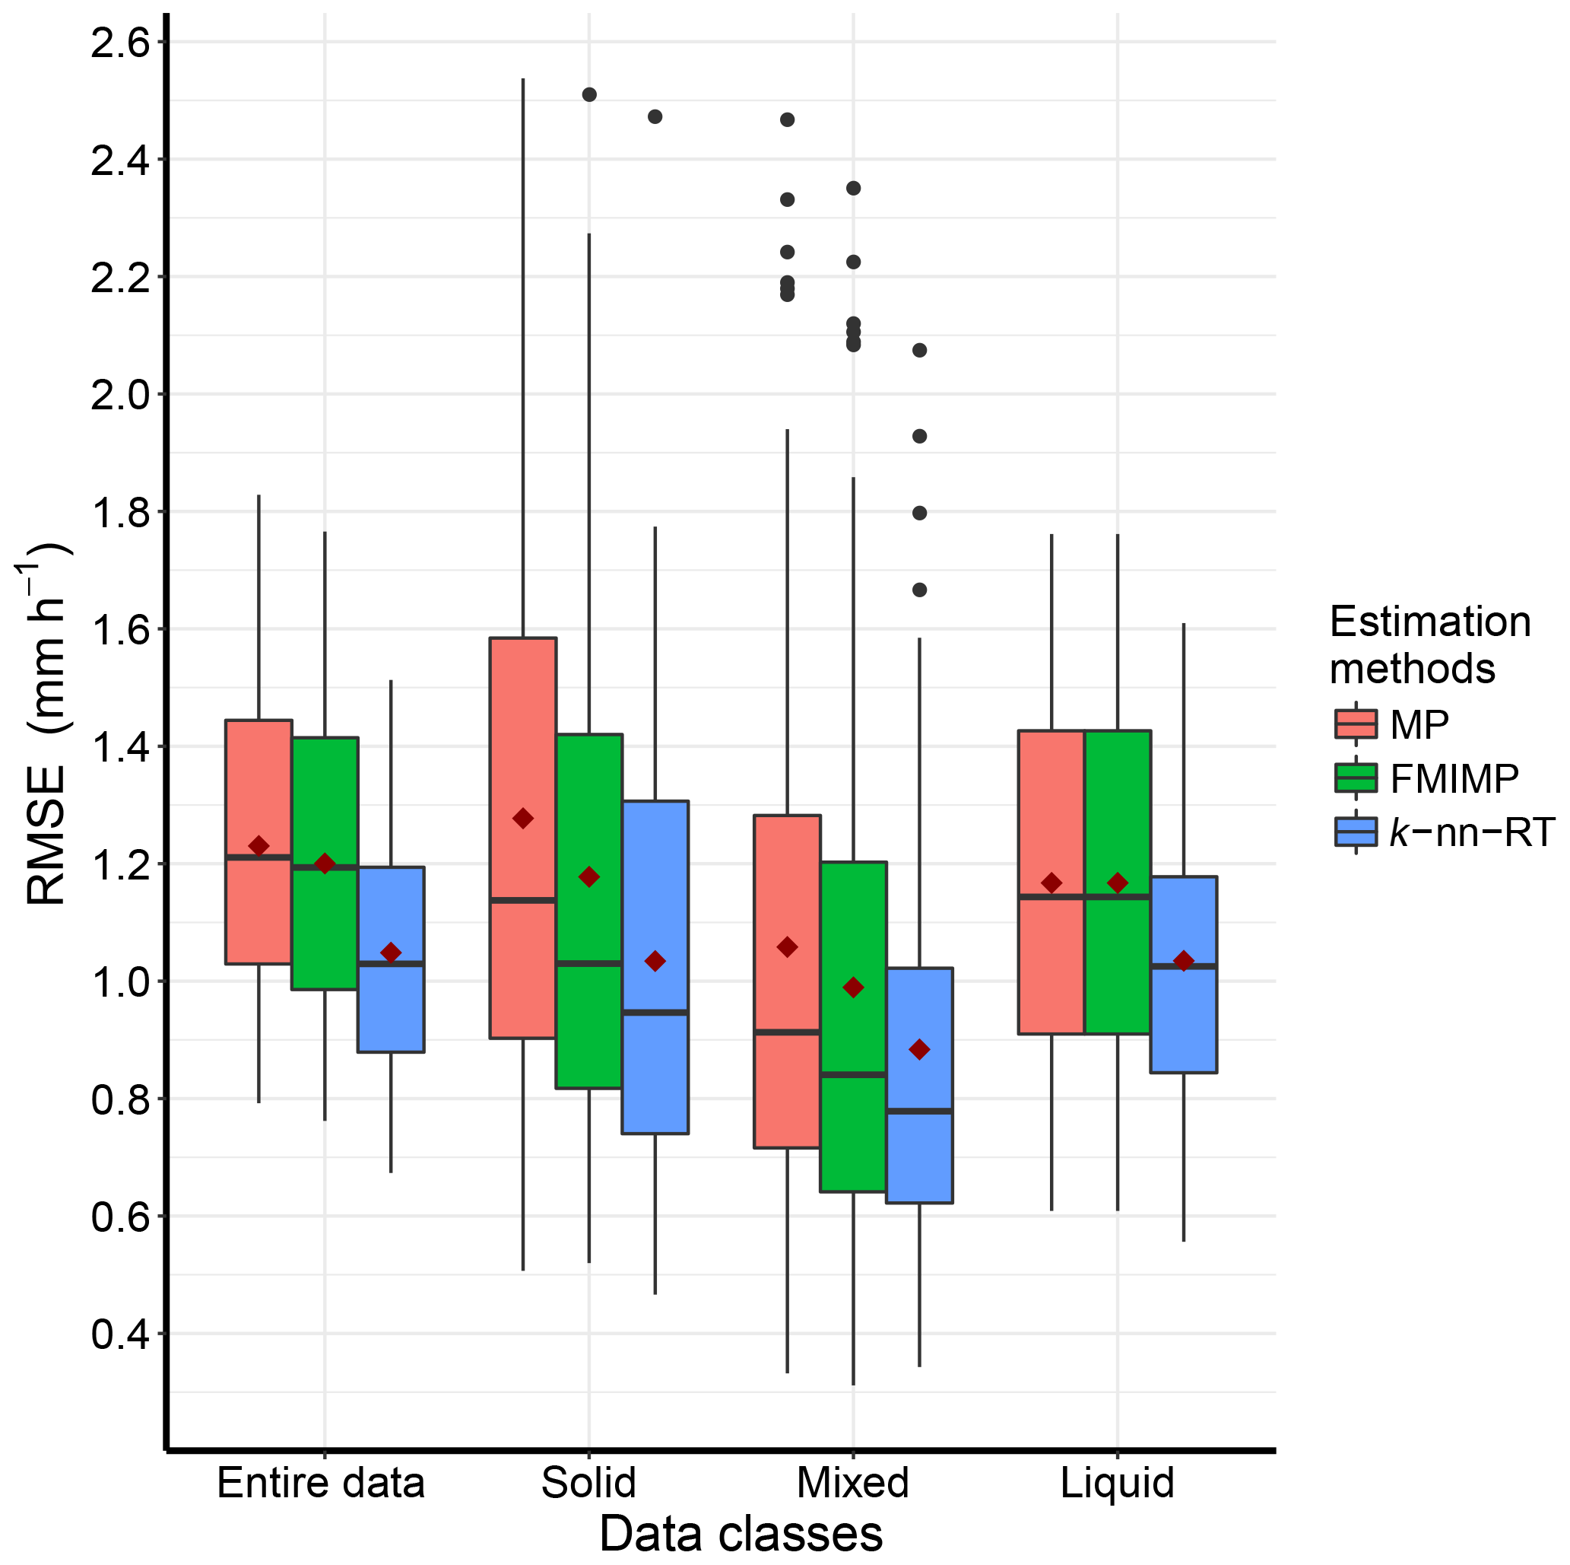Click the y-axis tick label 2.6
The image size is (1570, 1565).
point(121,43)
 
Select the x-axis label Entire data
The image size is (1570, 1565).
point(321,1482)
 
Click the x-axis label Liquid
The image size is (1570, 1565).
point(1118,1482)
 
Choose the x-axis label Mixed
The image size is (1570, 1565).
point(852,1482)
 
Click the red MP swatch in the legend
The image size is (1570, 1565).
point(1356,723)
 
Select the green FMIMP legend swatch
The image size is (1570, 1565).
point(1356,778)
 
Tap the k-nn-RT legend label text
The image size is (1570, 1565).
point(1472,832)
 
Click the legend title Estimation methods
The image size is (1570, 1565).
point(1429,644)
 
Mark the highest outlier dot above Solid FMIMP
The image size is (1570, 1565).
point(589,94)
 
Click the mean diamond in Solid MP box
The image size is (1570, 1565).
point(523,818)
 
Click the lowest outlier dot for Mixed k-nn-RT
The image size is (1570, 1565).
point(919,590)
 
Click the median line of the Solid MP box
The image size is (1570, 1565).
point(523,900)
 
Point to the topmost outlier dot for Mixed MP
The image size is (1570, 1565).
point(787,119)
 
